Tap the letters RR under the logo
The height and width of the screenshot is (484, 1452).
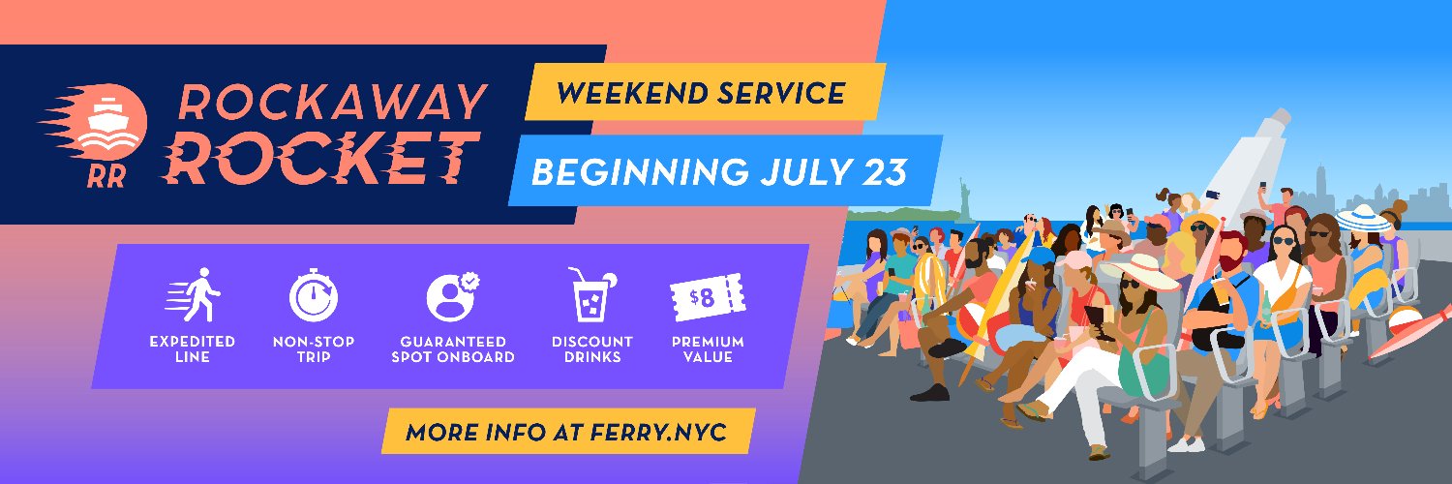tap(106, 176)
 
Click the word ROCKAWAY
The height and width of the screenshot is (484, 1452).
tap(333, 102)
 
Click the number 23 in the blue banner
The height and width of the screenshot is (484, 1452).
tap(884, 171)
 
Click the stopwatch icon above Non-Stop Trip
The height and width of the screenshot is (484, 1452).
tap(314, 295)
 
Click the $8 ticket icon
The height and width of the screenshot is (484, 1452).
tap(708, 297)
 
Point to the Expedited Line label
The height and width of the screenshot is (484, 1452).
tap(192, 348)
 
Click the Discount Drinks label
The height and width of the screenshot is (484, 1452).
tap(591, 348)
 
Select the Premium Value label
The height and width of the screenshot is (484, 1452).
tap(708, 348)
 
